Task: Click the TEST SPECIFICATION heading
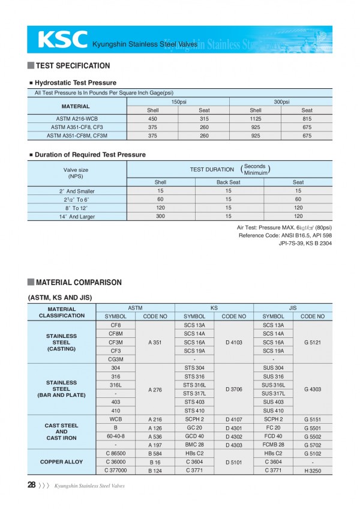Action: point(73,65)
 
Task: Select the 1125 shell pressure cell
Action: point(256,118)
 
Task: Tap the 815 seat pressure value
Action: point(307,118)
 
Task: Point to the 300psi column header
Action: point(281,102)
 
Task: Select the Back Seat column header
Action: point(228,182)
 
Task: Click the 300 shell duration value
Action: point(160,216)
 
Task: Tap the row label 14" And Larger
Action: point(77,217)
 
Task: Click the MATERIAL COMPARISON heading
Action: point(79,282)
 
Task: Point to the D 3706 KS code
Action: point(234,389)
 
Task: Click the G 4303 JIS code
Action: point(313,389)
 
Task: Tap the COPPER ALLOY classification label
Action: point(61,462)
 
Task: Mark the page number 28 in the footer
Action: point(31,485)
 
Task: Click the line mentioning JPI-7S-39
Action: point(305,243)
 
